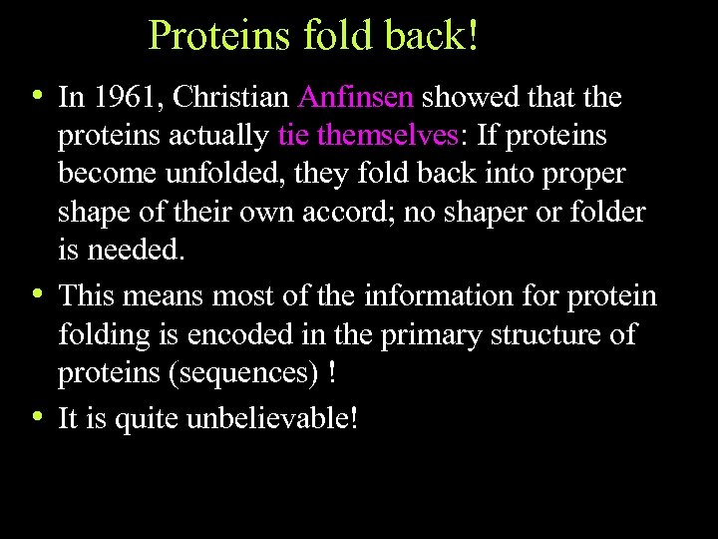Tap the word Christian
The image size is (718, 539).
(227, 98)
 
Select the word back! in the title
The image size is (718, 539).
(435, 36)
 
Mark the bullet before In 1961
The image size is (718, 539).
(37, 96)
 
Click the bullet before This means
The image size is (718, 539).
(37, 294)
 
